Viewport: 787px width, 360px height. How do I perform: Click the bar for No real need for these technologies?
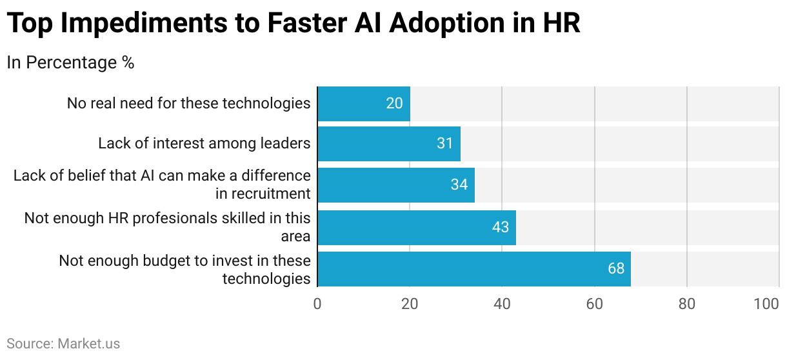(363, 103)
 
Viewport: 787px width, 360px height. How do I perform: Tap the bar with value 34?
(395, 185)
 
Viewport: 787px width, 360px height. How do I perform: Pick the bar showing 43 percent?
(416, 227)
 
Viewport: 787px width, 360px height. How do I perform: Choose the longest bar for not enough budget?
(473, 268)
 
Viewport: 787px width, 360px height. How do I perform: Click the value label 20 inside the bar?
(394, 103)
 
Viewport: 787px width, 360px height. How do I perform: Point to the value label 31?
(444, 143)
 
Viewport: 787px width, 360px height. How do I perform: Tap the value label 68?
(616, 268)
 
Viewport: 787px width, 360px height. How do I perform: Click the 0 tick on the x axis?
(317, 304)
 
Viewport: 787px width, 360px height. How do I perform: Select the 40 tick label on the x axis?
(502, 304)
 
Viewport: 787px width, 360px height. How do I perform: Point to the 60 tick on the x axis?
(594, 304)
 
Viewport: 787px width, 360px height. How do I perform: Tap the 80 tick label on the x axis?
(687, 304)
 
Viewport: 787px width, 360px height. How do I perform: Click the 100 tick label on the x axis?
(766, 304)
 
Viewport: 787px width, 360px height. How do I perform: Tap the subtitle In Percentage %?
(70, 63)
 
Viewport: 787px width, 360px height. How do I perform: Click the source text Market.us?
(88, 344)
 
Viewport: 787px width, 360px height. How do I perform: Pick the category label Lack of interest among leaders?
(204, 143)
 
